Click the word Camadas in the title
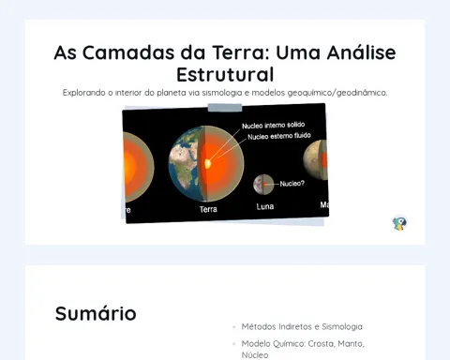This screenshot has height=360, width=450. point(128,52)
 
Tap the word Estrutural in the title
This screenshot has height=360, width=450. point(225,75)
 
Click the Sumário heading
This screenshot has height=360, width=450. point(96,313)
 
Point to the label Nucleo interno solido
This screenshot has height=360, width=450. point(273,126)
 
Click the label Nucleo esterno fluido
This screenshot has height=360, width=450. point(279,136)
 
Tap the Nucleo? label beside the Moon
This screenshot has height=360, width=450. point(292,184)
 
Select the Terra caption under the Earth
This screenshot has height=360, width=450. point(208,209)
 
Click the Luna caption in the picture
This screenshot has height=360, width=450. point(265,206)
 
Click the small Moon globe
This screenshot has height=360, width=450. point(263,185)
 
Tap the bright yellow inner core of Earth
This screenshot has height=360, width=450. point(207,163)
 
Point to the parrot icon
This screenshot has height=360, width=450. point(399,223)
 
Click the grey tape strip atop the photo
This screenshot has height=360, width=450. point(225,108)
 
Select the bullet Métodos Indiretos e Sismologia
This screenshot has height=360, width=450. point(302,327)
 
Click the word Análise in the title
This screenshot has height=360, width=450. point(361,52)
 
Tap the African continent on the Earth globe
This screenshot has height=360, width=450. point(185,165)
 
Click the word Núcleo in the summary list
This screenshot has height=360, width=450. point(255,355)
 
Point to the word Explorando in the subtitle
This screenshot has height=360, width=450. point(83,93)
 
